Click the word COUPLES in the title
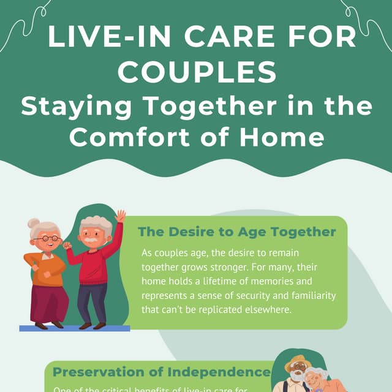[x=196, y=72]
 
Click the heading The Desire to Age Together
[x=236, y=232]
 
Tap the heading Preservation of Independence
[x=161, y=372]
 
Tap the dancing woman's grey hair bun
[x=34, y=225]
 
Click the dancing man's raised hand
[x=121, y=216]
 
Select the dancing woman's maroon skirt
[x=49, y=303]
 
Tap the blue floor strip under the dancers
[x=73, y=328]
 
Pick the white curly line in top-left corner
[x=24, y=24]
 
